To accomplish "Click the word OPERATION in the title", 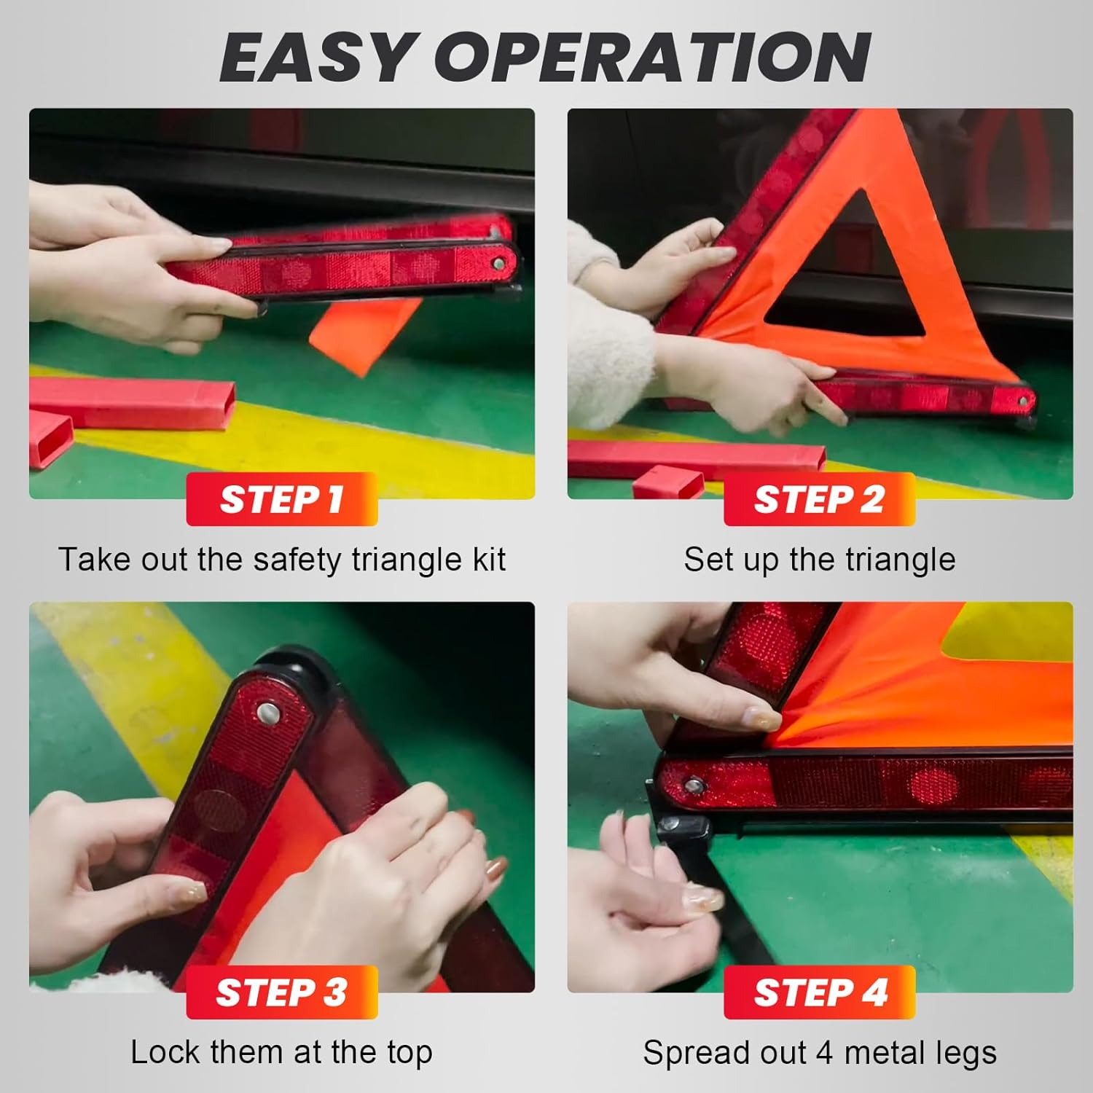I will tap(656, 58).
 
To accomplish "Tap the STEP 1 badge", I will tap(281, 500).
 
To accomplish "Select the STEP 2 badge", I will tap(819, 500).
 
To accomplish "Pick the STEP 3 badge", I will tap(281, 992).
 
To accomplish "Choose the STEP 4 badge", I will tap(819, 992).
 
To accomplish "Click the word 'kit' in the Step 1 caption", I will tap(489, 560).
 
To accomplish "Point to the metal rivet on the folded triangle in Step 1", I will tap(498, 263).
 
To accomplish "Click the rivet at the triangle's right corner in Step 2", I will tap(1025, 401).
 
